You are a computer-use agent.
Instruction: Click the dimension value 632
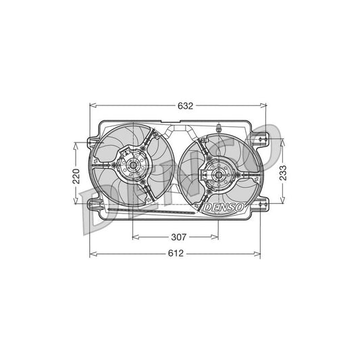186,105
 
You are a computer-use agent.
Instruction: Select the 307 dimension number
178,237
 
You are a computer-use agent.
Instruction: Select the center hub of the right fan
220,177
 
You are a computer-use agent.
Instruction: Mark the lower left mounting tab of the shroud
92,202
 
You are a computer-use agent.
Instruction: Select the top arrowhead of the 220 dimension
77,144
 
